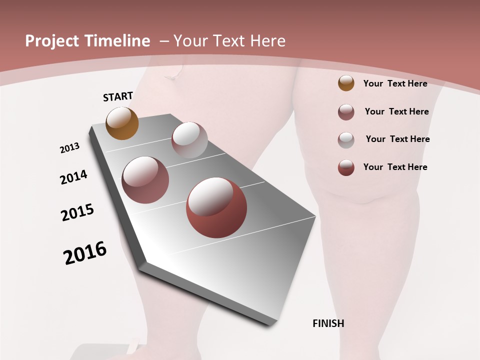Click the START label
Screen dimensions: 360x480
tap(118, 96)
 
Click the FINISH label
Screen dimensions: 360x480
tap(328, 323)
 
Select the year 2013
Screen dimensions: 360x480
tap(69, 148)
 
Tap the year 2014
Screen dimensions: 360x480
tap(73, 177)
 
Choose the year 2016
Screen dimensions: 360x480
tap(85, 253)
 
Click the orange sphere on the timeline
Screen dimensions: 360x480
tap(122, 123)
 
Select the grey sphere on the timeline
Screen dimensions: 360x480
tap(189, 140)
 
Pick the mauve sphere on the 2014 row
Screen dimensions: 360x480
tap(145, 179)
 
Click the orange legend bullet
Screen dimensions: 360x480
tap(346, 83)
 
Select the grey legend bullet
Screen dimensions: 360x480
tap(346, 140)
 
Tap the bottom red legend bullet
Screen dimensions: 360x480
tap(346, 167)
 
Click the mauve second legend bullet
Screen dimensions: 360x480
tap(346, 112)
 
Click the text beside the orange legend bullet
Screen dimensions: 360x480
tap(395, 83)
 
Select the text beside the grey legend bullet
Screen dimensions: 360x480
tap(397, 139)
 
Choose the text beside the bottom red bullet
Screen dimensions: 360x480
tap(395, 167)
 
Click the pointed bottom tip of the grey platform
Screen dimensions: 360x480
tap(270, 324)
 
